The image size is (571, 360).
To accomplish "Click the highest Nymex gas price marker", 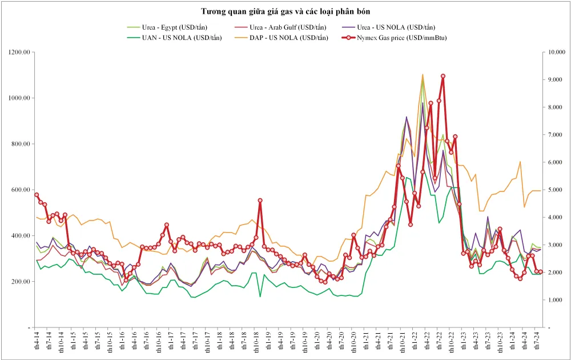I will click(443, 76).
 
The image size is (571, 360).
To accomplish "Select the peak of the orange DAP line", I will click(423, 74).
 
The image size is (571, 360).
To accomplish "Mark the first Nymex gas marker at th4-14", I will click(37, 195).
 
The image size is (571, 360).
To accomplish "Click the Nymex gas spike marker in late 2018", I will click(260, 201).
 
